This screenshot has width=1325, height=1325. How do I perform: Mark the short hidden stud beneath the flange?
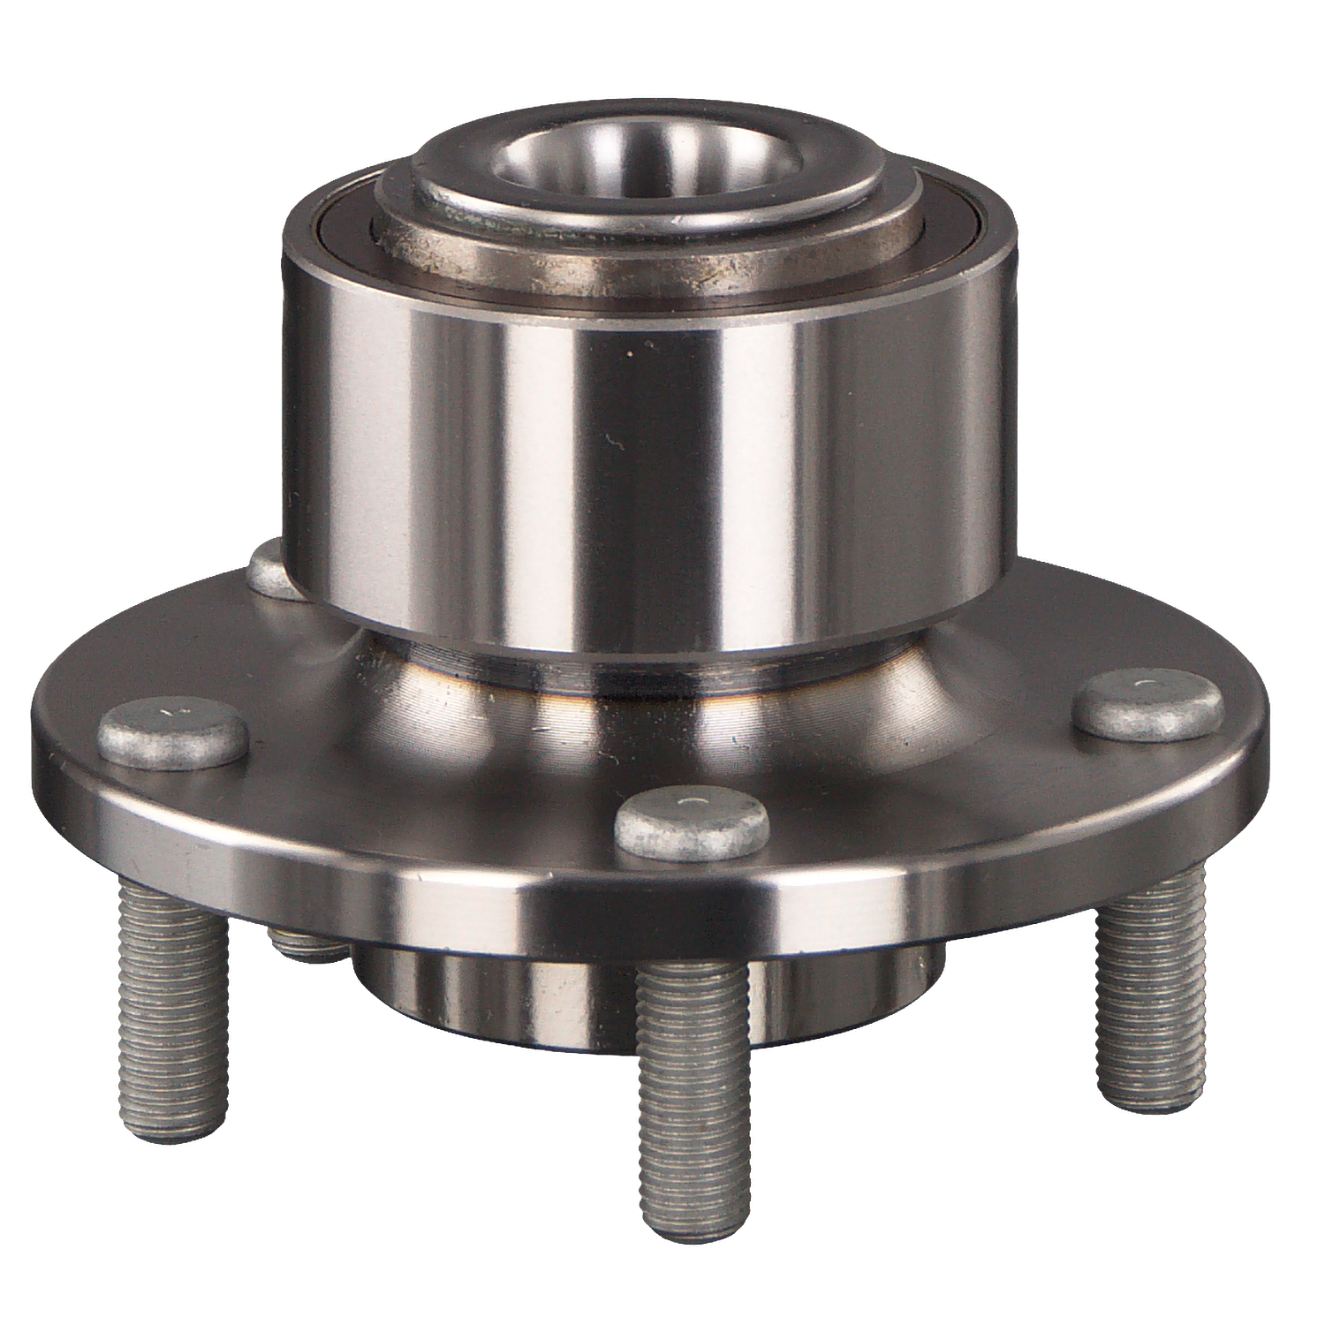(305, 945)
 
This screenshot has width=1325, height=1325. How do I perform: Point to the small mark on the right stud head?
(1146, 687)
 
